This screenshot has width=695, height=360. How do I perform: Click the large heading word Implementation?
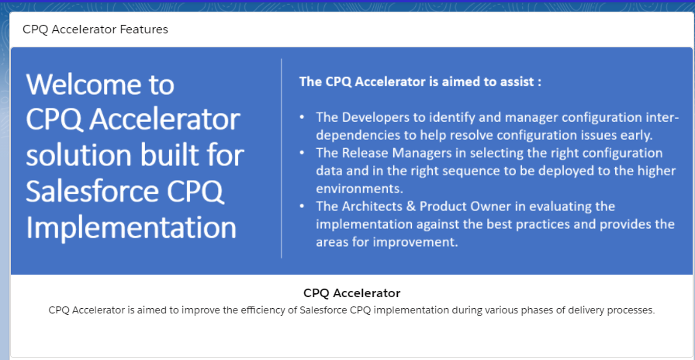131,227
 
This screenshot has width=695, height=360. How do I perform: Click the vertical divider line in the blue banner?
281,158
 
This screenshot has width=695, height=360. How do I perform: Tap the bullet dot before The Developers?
302,118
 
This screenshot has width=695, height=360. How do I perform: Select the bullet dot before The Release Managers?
302,153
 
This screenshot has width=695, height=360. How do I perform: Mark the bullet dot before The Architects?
302,206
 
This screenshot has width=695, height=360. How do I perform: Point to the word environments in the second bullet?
359,189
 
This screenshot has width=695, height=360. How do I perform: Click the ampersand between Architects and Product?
411,206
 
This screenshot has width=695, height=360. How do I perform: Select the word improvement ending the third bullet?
416,242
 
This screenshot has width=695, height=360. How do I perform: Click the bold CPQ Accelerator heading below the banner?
352,293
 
